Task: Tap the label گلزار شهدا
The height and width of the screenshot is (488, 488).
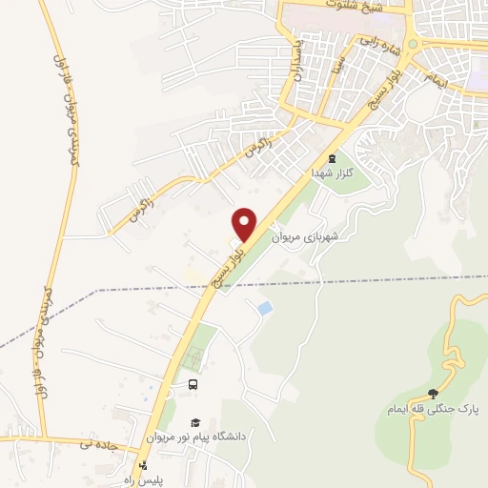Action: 329,174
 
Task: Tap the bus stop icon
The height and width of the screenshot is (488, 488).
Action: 193,384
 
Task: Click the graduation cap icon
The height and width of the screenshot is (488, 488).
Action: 194,422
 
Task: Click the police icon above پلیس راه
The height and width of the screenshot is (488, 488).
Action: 143,465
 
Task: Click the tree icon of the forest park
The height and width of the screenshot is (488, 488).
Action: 435,393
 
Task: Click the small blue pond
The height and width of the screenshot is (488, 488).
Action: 263,308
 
